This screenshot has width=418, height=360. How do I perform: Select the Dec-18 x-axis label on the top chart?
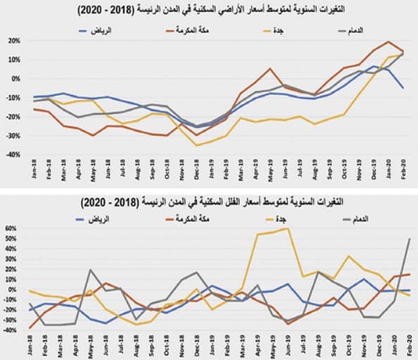click(197, 169)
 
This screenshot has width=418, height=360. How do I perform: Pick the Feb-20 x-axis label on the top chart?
click(402, 169)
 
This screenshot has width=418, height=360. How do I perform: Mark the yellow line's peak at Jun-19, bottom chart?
click(287, 229)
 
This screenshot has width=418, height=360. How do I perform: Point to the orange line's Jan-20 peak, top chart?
click(388, 41)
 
